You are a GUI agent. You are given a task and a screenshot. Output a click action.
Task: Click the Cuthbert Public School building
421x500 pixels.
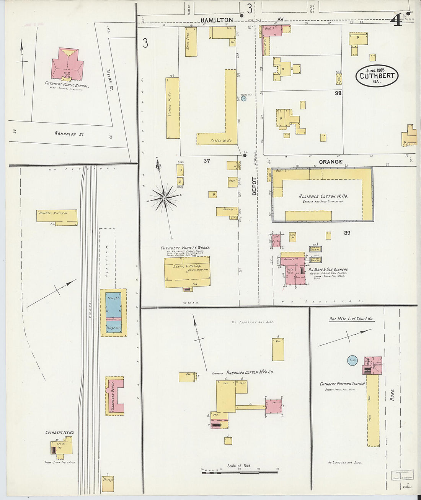pyautogui.click(x=67, y=64)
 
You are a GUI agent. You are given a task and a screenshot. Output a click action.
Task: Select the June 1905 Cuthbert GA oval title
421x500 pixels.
pyautogui.click(x=377, y=75)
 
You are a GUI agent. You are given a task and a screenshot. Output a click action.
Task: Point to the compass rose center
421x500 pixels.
pyautogui.click(x=164, y=198)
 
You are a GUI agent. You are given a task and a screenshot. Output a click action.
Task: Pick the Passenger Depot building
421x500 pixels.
pyautogui.click(x=114, y=396)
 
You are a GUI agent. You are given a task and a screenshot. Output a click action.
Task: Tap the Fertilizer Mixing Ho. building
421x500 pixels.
pyautogui.click(x=57, y=215)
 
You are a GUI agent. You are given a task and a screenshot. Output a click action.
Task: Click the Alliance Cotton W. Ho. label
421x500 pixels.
pyautogui.click(x=323, y=196)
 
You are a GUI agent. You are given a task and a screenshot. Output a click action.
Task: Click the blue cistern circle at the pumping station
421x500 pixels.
pyautogui.click(x=352, y=361)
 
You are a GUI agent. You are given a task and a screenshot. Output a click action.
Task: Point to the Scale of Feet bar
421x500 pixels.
pyautogui.click(x=239, y=472)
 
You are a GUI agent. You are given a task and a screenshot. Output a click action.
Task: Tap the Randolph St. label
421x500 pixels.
pyautogui.click(x=69, y=134)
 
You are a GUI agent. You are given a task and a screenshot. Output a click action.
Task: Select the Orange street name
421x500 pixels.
pyautogui.click(x=330, y=162)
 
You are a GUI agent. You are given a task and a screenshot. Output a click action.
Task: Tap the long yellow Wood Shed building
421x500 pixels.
pyautogui.click(x=372, y=410)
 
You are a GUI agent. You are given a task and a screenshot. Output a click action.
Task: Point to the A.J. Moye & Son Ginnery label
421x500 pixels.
pyautogui.click(x=328, y=270)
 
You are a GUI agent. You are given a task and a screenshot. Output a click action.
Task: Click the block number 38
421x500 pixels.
pyautogui.click(x=338, y=93)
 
